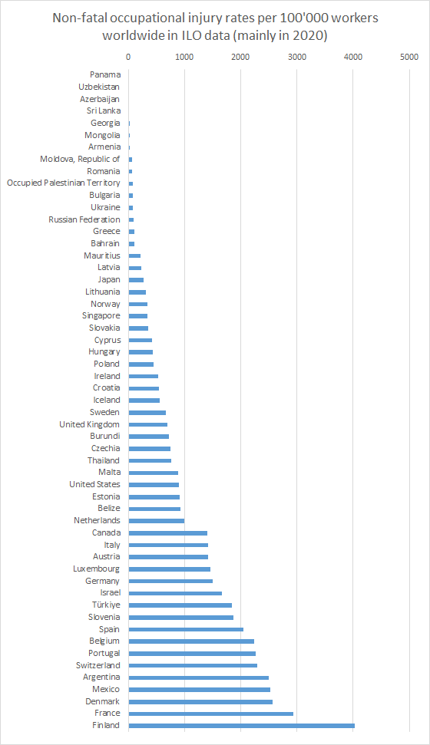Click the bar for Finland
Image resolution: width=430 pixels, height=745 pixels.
242,726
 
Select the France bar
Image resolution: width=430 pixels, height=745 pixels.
210,714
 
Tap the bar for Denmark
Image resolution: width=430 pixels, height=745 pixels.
200,701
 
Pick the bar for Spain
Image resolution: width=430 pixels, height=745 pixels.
186,629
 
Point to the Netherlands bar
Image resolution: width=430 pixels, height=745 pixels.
157,521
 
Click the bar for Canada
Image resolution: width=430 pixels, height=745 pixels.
168,532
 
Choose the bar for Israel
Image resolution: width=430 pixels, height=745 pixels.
175,593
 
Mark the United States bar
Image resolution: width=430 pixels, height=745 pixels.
154,485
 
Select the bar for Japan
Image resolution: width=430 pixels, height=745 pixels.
136,280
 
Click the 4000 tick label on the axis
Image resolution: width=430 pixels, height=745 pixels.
353,57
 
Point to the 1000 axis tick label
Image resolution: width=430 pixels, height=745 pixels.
184,57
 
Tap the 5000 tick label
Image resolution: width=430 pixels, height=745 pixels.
409,57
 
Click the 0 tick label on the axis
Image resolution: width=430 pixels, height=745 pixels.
128,57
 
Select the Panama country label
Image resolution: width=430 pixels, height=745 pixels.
105,74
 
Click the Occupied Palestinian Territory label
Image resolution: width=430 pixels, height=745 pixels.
63,183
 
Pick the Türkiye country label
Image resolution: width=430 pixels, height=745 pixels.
106,605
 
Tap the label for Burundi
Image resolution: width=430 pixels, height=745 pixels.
105,436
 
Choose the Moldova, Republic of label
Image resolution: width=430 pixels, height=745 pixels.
80,159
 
